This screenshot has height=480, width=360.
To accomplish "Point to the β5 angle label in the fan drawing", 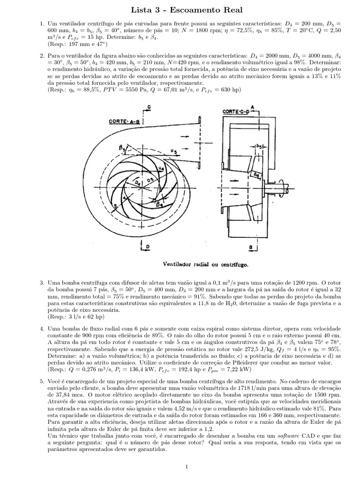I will point(123,149).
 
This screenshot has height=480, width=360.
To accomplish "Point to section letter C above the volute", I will point(149,108).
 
